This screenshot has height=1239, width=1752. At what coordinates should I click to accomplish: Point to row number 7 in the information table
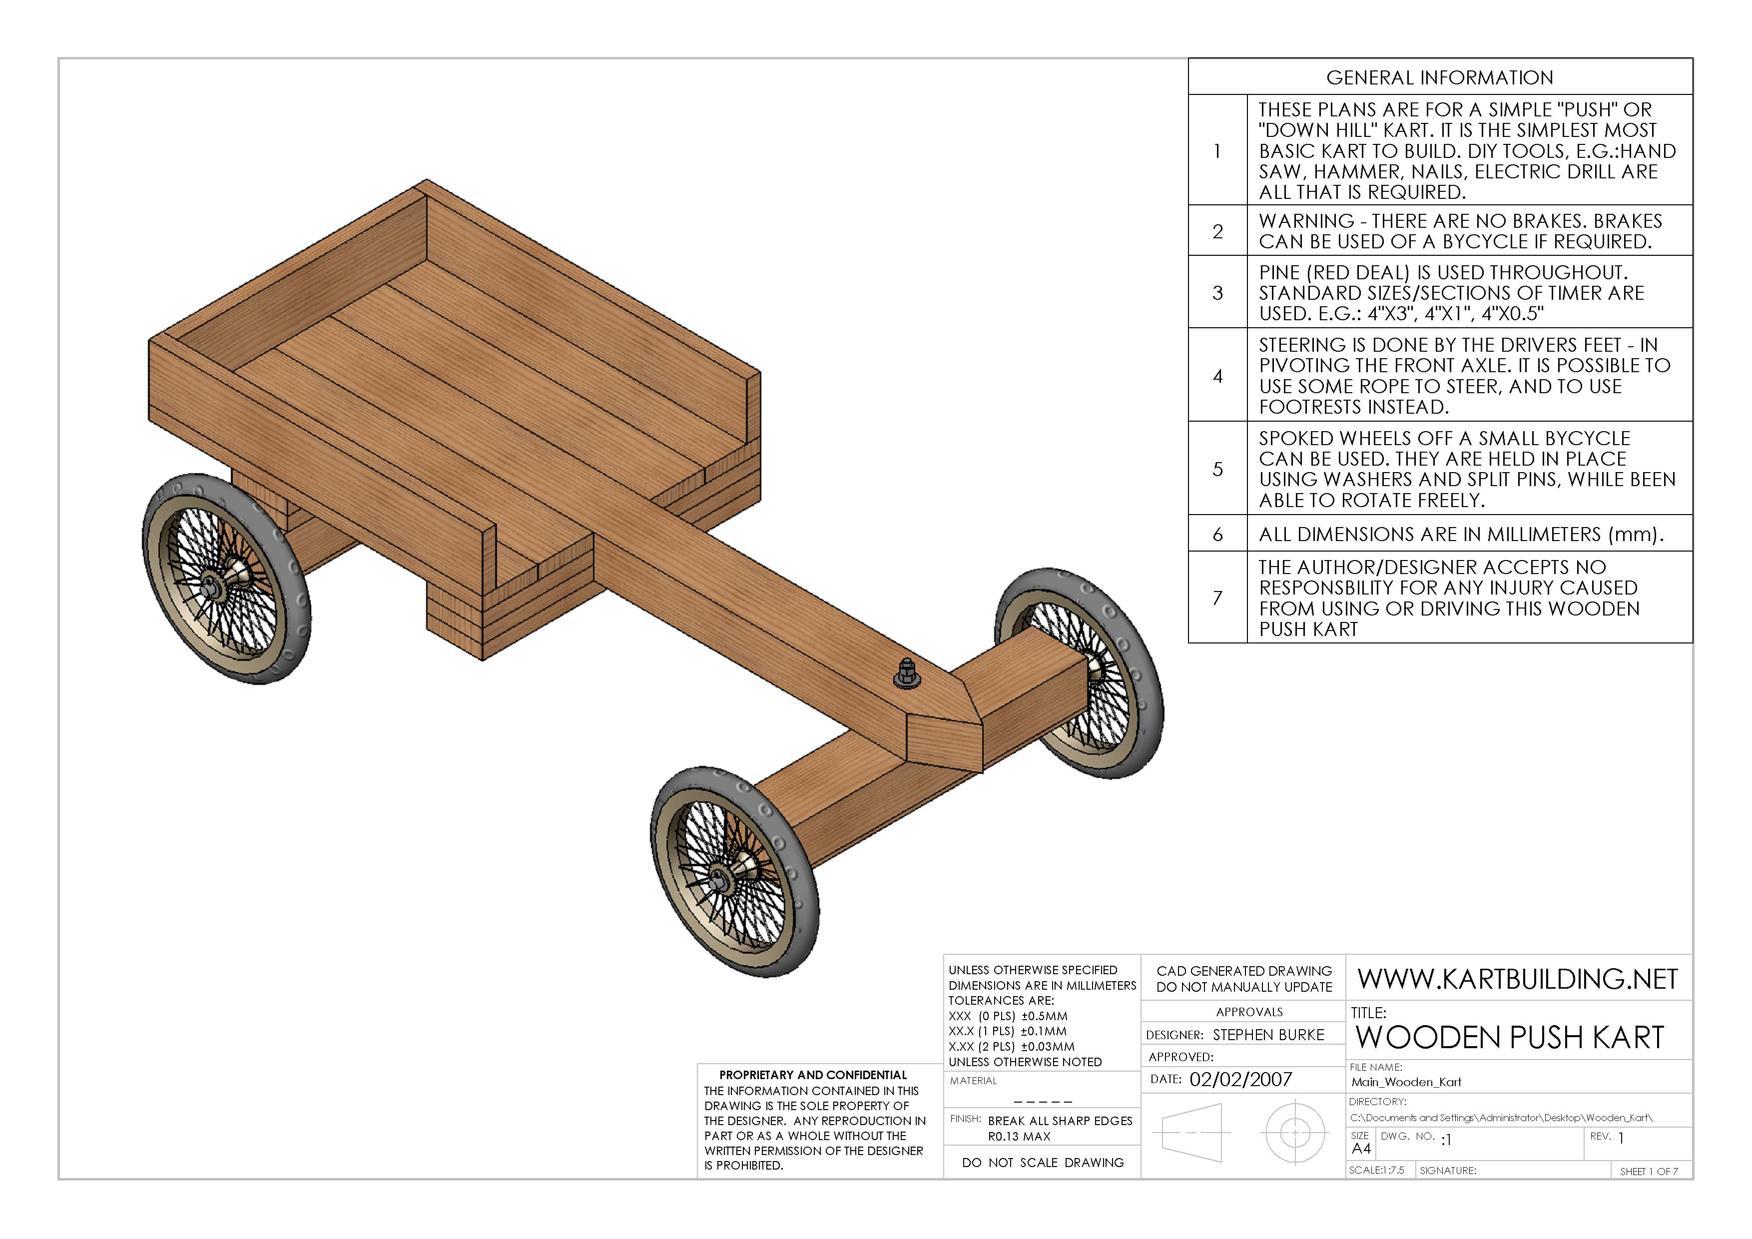pos(1218,598)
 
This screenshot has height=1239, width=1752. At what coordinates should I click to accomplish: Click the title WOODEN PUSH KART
pos(1509,1038)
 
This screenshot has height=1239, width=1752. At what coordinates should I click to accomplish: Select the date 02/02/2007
pos(1241,1080)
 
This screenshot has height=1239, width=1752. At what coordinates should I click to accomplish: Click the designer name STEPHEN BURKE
pos(1268,1035)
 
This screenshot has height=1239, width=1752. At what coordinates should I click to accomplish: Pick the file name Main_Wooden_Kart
pos(1406,1082)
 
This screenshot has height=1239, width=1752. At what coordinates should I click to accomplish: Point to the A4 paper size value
pos(1361,1149)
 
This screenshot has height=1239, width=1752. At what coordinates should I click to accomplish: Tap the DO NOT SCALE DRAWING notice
pos(1042,1163)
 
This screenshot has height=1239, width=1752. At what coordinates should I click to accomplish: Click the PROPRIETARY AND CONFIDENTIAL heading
pos(813,1075)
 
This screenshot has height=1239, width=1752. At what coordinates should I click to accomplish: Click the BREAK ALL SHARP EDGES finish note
pos(1060,1121)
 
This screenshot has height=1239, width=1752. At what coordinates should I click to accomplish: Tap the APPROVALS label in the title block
pos(1249,1012)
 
